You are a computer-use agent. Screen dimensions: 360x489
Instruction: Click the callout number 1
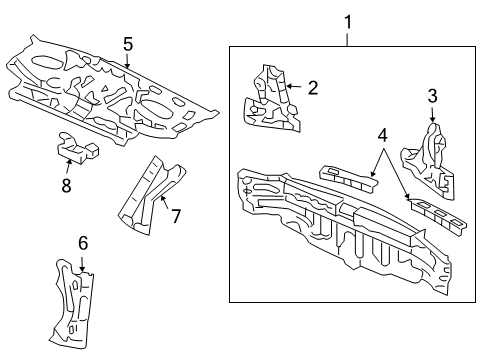[348, 20]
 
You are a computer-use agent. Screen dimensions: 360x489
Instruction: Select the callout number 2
[312, 88]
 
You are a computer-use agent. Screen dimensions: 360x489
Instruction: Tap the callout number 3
[432, 96]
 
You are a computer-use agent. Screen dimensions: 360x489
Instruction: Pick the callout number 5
[128, 43]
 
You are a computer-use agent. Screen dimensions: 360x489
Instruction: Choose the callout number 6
[83, 243]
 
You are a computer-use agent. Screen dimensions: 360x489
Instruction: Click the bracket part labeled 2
[268, 99]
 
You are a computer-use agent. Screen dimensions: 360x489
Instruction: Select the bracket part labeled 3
[427, 160]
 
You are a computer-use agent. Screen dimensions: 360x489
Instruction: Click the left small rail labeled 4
[345, 175]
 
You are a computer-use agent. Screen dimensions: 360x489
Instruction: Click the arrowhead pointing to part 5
[128, 67]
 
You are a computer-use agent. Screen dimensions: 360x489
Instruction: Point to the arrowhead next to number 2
[287, 88]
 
